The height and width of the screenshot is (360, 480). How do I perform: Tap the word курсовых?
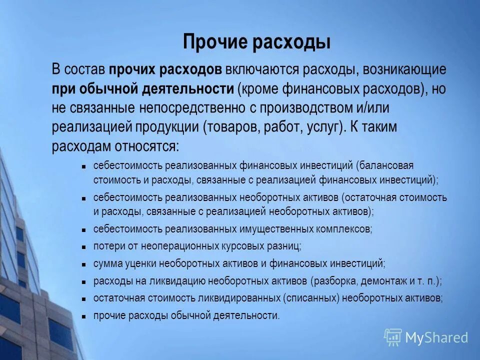click(x=243, y=246)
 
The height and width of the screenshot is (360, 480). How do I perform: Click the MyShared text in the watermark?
click(x=436, y=337)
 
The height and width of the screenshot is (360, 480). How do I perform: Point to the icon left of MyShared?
click(x=392, y=337)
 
